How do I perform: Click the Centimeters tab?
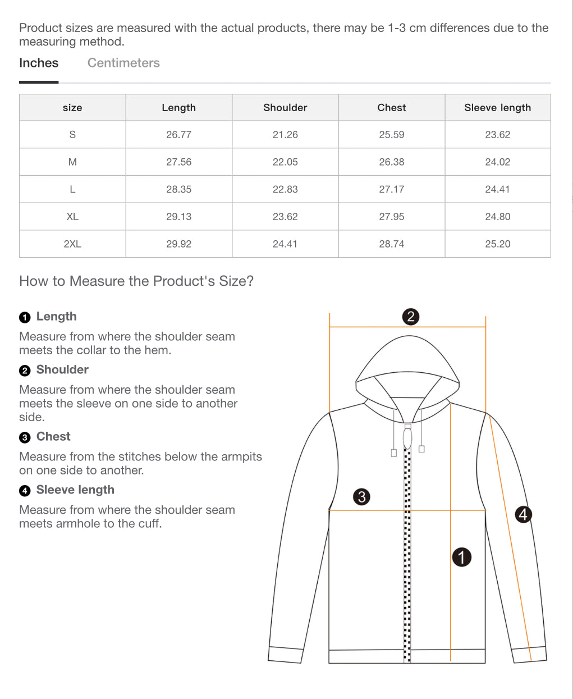123,63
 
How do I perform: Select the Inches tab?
39,63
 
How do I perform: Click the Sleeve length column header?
497,107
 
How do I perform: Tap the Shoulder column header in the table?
285,107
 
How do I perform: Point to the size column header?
72,107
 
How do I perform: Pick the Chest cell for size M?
391,162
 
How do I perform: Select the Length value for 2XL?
178,244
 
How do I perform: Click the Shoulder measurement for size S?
285,135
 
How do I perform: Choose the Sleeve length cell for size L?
497,189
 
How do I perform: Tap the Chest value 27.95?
391,217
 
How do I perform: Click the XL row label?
72,217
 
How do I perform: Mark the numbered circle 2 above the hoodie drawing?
411,317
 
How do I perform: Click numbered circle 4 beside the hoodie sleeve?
523,514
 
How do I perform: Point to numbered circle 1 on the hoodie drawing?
462,557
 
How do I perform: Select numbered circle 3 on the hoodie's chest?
362,496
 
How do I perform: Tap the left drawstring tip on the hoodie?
394,453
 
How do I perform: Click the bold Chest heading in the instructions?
53,436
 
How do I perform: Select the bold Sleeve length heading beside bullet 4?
75,490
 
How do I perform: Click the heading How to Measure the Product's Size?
136,281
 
